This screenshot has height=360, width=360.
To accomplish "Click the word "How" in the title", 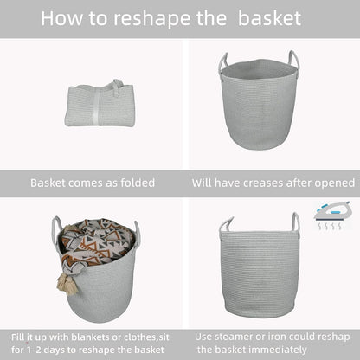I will point(66,18).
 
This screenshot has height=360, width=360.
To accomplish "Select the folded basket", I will point(100,105).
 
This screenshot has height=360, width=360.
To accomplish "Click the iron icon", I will point(332,210).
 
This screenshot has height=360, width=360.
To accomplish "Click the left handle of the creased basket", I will point(223,63).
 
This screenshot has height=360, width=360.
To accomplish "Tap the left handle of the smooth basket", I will point(226,226).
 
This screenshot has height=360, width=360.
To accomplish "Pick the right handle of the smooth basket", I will point(295,223).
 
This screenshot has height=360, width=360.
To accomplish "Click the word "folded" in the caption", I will point(134,183).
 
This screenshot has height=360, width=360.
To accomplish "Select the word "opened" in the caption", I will point(332,183).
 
